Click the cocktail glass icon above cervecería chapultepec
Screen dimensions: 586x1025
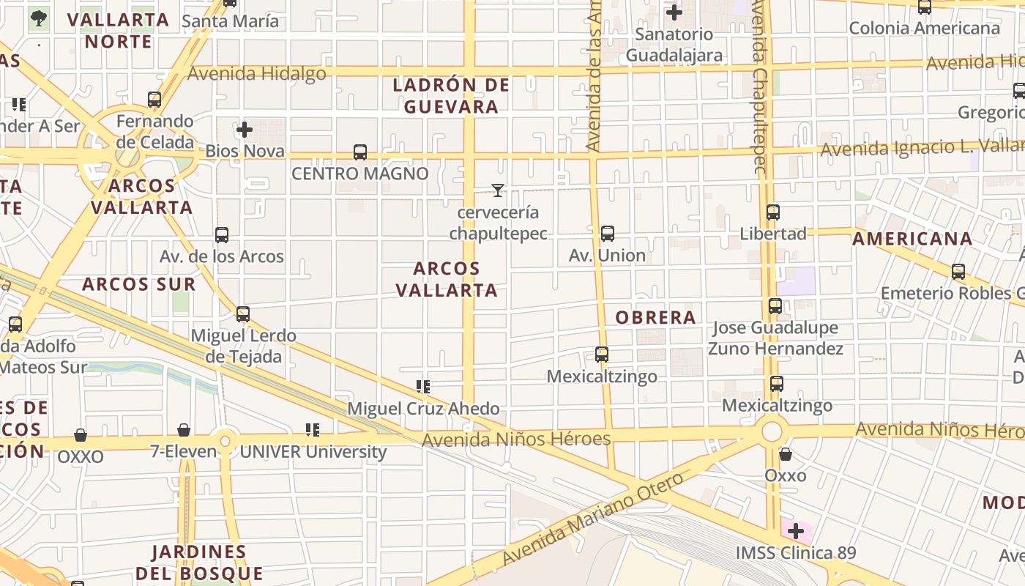[x=498, y=190]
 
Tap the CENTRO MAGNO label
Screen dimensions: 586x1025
[x=360, y=174]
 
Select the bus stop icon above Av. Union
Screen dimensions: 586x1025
[x=607, y=234]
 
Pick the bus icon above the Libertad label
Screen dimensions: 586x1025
[x=772, y=212]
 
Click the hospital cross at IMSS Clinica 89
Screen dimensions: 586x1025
[x=795, y=531]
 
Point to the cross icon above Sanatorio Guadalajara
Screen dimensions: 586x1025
[x=674, y=12]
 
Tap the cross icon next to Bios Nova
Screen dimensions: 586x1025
[x=245, y=130]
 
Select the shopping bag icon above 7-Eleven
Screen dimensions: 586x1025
[x=184, y=430]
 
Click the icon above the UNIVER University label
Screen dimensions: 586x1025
[x=313, y=430]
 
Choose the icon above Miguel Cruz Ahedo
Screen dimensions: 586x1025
[x=422, y=386]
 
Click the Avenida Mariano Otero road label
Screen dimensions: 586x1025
[x=593, y=519]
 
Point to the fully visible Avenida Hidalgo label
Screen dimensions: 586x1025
[x=257, y=73]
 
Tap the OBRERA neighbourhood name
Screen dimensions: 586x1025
[x=655, y=317]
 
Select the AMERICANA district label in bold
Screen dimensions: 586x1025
[x=912, y=239]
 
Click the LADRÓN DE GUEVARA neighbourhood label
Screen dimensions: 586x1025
[x=451, y=96]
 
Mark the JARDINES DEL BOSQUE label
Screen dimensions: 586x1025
[x=199, y=562]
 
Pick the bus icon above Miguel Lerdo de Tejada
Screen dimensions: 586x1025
[x=243, y=314]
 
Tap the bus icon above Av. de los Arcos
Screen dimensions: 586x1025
[x=222, y=235]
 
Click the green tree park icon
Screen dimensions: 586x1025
[x=39, y=18]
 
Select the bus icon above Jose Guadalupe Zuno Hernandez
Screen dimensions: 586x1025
[x=775, y=306]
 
